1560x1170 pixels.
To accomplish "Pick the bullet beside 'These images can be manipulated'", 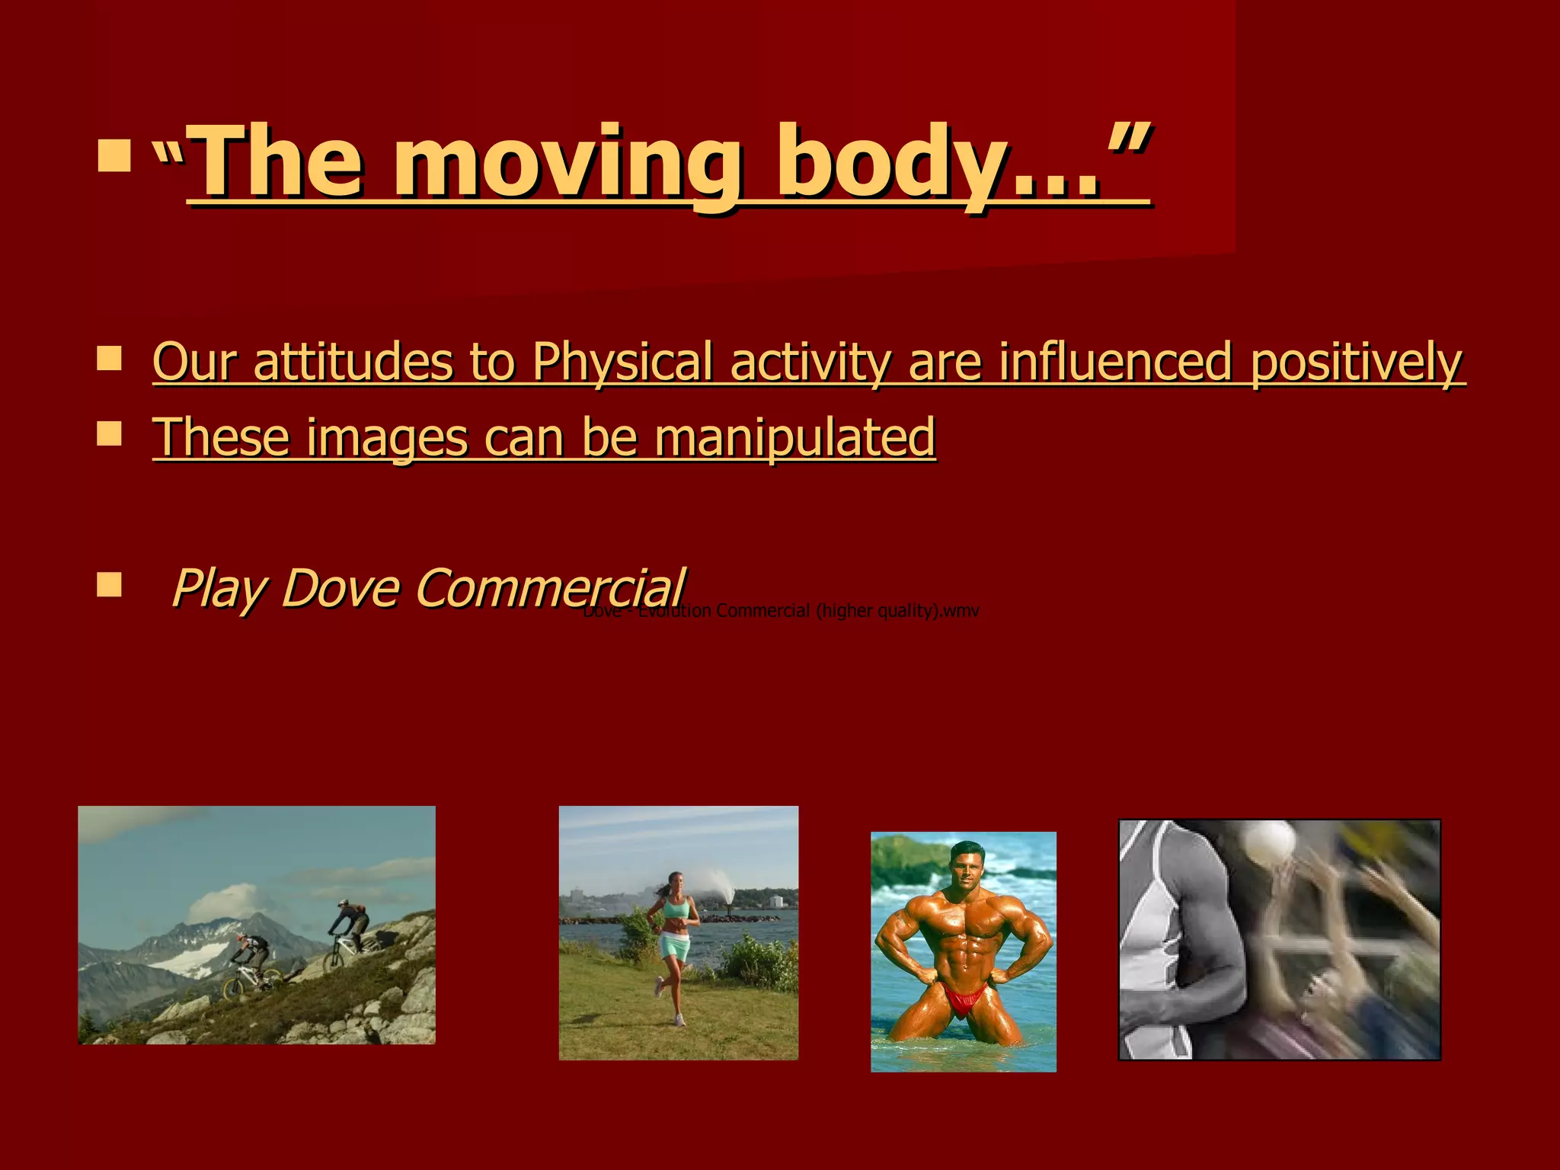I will click(x=110, y=435).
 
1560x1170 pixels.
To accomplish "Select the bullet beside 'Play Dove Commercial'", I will click(x=110, y=586).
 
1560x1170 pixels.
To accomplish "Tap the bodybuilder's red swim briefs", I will click(x=965, y=999).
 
